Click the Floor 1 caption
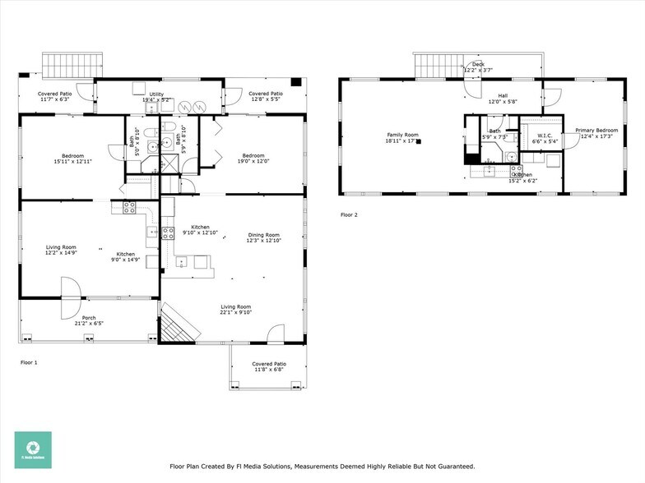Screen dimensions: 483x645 tap(29, 361)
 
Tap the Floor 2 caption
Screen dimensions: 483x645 tap(350, 215)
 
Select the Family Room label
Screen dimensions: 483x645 tap(402, 135)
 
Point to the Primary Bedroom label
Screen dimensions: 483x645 tap(596, 131)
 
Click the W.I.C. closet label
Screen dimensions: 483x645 tap(544, 136)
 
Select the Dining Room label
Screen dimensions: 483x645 tap(264, 235)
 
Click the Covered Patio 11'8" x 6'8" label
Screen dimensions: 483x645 tap(268, 364)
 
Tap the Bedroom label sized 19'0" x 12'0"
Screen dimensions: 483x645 tap(253, 155)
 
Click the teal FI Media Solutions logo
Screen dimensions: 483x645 tap(33, 450)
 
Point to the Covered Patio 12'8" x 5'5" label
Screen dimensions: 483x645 tap(265, 95)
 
